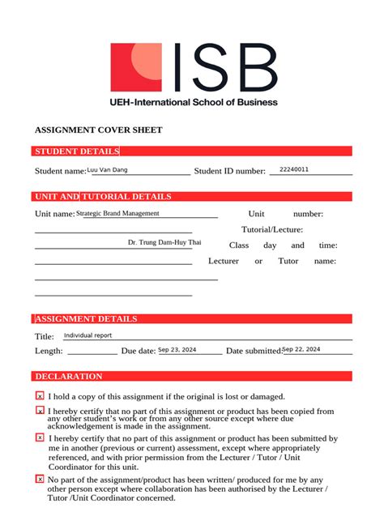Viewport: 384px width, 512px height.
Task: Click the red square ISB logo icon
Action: pyautogui.click(x=135, y=67)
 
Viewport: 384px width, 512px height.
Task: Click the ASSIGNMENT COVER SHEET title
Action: pyautogui.click(x=98, y=130)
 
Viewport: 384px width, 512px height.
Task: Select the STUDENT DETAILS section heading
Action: pyautogui.click(x=77, y=151)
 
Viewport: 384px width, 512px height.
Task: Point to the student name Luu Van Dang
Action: pyautogui.click(x=107, y=170)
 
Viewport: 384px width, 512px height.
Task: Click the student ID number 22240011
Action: pyautogui.click(x=293, y=169)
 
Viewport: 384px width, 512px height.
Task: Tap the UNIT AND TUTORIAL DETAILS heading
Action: pyautogui.click(x=103, y=197)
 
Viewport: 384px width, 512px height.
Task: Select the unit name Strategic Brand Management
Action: pyautogui.click(x=118, y=213)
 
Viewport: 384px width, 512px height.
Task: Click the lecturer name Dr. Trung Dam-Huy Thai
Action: pyautogui.click(x=164, y=242)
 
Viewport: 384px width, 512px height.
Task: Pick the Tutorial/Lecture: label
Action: pyautogui.click(x=272, y=229)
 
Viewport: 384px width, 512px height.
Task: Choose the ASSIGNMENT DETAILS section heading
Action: pyautogui.click(x=86, y=319)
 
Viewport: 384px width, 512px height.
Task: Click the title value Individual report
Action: pyautogui.click(x=87, y=335)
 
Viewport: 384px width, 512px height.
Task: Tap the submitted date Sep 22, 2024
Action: pyautogui.click(x=301, y=349)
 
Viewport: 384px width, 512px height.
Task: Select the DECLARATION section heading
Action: pyautogui.click(x=69, y=377)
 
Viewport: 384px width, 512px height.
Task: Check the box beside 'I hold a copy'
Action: pyautogui.click(x=40, y=396)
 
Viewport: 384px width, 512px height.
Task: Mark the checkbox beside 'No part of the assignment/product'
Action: pyautogui.click(x=40, y=480)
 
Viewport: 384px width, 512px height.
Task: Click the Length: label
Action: pyautogui.click(x=49, y=351)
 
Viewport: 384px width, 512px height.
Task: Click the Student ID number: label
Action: pyautogui.click(x=230, y=171)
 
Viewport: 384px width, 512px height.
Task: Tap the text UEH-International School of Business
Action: pyautogui.click(x=194, y=102)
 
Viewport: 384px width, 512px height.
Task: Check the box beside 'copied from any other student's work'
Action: pyautogui.click(x=40, y=411)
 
